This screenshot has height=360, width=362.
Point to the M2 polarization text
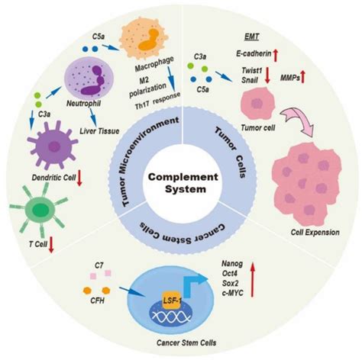tap(156, 88)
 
